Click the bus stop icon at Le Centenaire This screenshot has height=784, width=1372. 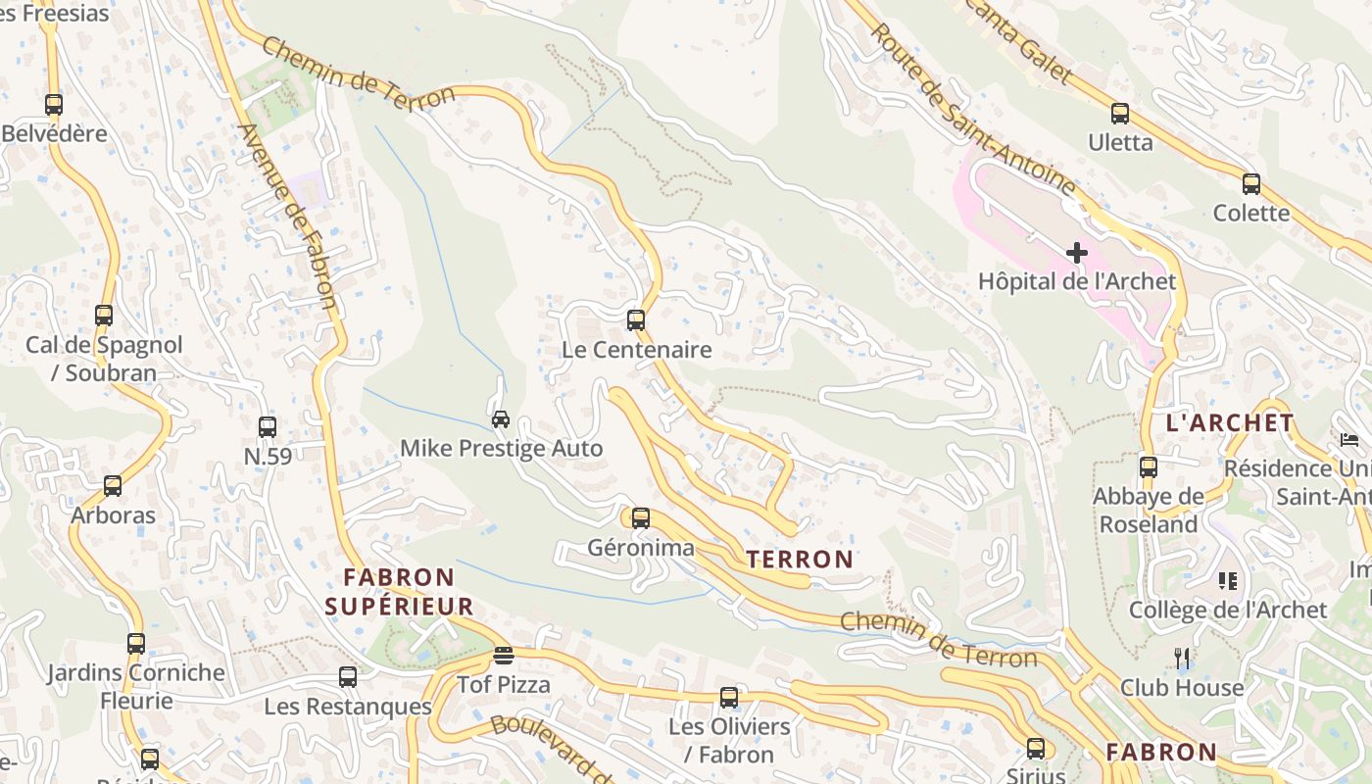pos(636,319)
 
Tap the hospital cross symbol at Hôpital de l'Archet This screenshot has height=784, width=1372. pos(1077,253)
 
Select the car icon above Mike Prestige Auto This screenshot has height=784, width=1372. pos(500,419)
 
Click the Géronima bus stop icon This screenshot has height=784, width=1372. pos(640,517)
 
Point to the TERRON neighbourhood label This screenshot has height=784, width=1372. pos(800,560)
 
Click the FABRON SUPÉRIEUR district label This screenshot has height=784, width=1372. pos(399,592)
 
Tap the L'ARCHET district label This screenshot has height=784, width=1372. pos(1230,423)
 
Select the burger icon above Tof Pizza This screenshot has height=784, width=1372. pos(504,655)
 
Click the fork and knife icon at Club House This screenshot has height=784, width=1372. pos(1182,658)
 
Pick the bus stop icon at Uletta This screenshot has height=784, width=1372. pos(1120,114)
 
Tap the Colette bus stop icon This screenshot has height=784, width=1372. pos(1250,183)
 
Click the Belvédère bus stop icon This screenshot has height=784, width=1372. pos(54,104)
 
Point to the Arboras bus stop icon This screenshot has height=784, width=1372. pos(113,485)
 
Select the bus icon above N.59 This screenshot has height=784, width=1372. pos(268,426)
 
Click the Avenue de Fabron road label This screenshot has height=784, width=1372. pos(288,216)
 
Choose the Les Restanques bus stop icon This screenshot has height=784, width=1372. pos(348,676)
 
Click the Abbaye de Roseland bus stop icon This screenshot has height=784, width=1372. pos(1149,466)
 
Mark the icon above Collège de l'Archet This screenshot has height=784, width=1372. pos(1228,581)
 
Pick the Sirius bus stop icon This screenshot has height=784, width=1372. pos(1036,749)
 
